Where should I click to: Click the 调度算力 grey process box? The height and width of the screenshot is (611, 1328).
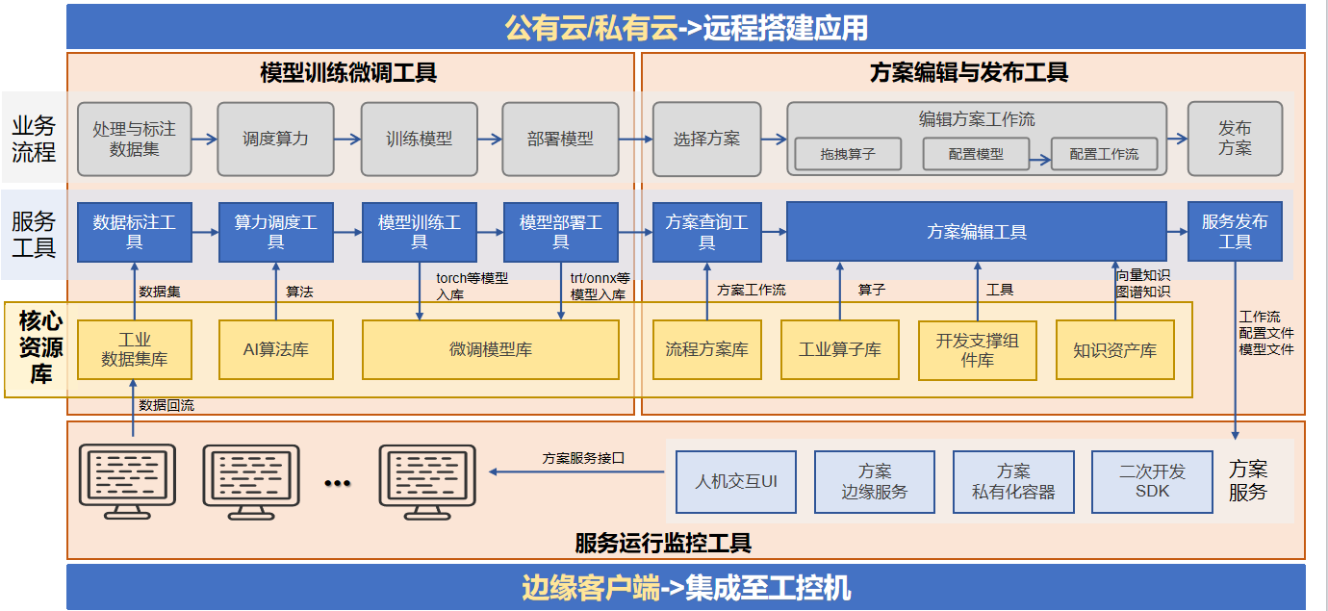tap(275, 139)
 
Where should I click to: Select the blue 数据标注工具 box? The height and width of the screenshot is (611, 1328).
tap(135, 232)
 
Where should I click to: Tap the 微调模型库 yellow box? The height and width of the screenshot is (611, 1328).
tap(490, 349)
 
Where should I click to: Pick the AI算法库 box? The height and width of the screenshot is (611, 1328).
tap(276, 349)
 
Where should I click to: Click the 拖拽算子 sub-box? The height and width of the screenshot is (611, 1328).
tap(848, 154)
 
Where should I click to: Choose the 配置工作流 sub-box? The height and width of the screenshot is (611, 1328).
tap(1104, 154)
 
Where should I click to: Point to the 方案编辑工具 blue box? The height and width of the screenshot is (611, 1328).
tap(976, 232)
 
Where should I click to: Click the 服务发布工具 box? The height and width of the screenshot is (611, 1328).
tap(1235, 232)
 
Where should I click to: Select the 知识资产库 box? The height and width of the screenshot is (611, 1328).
tap(1115, 350)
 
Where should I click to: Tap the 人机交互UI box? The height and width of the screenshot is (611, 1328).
tap(736, 481)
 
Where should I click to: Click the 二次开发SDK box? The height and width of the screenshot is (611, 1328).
tap(1152, 481)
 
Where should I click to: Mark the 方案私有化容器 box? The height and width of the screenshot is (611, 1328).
tap(1013, 481)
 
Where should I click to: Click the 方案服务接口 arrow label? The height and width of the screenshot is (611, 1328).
tap(583, 458)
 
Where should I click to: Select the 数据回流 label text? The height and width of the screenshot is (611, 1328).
tap(166, 405)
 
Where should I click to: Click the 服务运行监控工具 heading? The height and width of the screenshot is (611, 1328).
tap(663, 543)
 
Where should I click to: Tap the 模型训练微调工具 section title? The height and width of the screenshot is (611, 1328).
tap(348, 72)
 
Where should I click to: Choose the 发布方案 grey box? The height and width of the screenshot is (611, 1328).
tap(1235, 139)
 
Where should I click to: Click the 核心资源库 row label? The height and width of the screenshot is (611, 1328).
tap(41, 347)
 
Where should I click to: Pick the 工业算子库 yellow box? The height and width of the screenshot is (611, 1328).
tap(839, 349)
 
